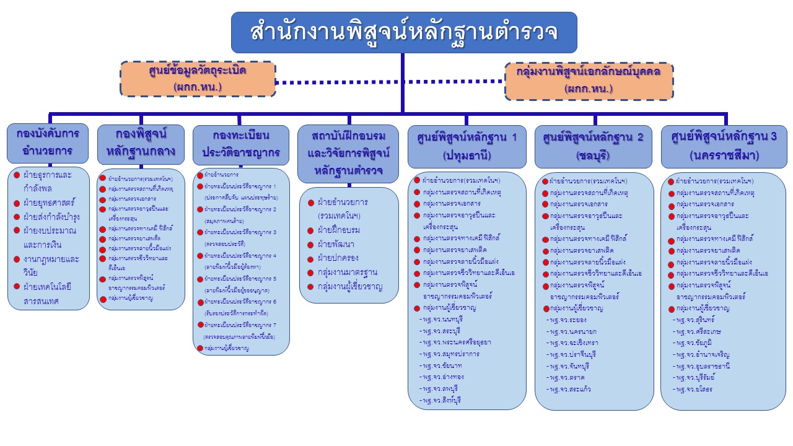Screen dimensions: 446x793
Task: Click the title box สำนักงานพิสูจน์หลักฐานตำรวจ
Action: point(404,32)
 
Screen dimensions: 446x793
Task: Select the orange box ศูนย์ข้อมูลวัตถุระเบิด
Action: point(198,79)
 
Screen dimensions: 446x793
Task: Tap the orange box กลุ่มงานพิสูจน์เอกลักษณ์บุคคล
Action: point(589,81)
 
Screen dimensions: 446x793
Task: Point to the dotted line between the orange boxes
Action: point(390,81)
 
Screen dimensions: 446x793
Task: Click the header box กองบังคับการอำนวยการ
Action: point(48,142)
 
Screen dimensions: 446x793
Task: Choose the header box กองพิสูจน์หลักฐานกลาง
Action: point(141,142)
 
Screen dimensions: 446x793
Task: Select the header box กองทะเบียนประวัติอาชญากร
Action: point(241,144)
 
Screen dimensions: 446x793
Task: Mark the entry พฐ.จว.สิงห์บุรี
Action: point(441,401)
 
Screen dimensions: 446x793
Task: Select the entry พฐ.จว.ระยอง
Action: point(566,320)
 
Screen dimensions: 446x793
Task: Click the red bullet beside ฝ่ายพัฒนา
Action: point(310,245)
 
